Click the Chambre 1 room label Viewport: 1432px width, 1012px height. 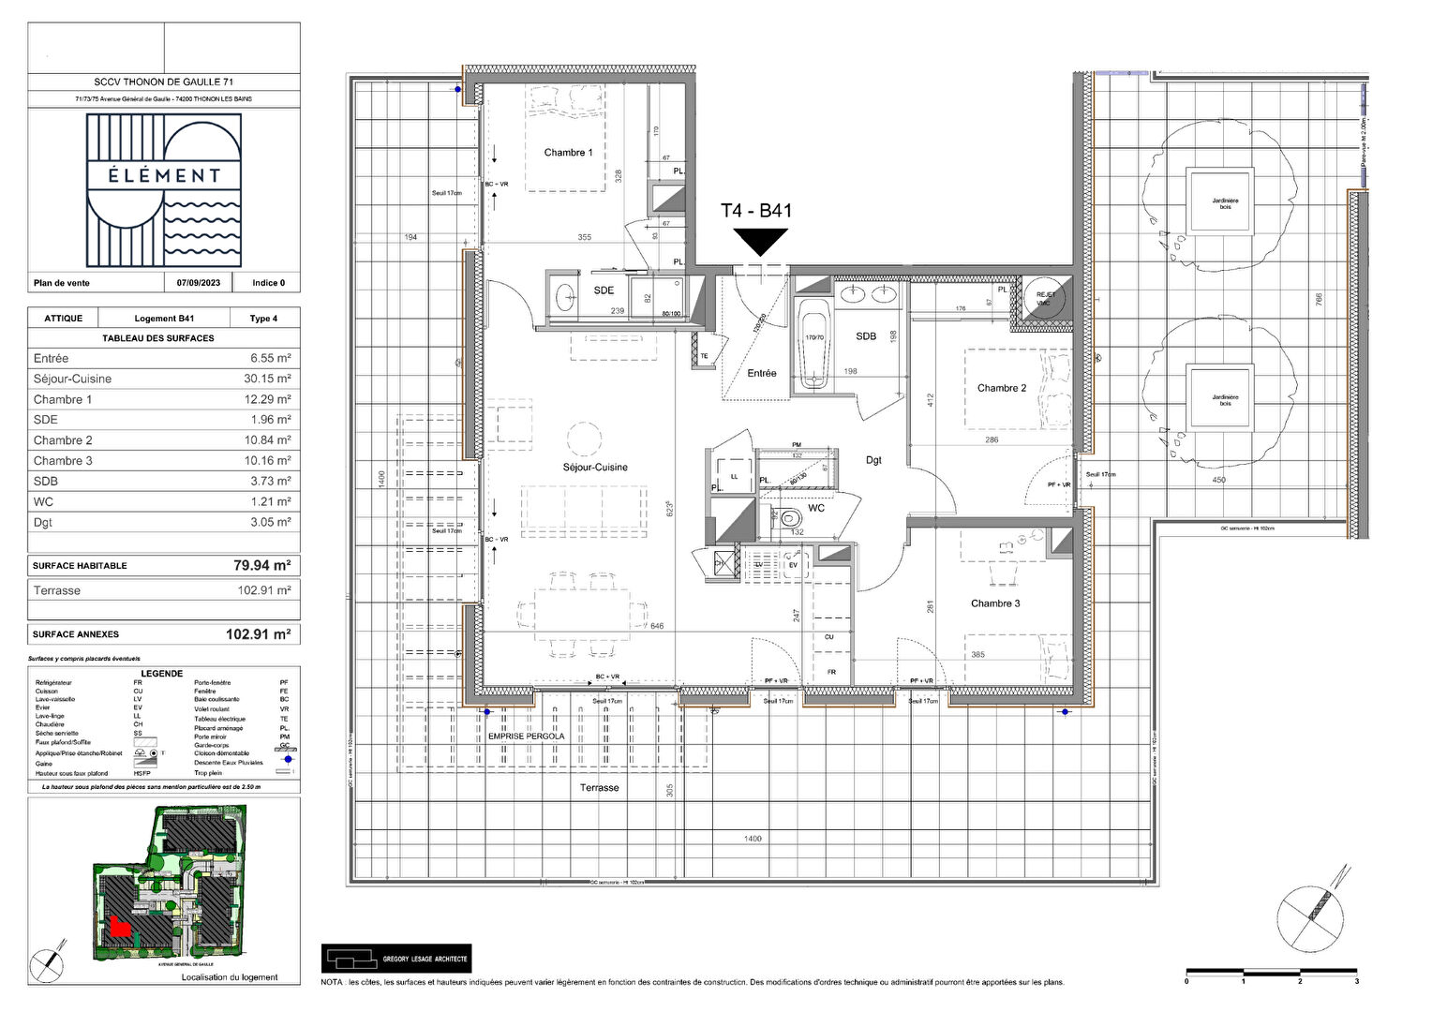(568, 153)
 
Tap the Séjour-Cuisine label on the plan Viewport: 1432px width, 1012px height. (595, 467)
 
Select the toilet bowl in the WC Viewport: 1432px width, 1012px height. (790, 516)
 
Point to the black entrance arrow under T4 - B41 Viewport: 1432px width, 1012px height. (761, 242)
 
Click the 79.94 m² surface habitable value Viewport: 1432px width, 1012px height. (261, 565)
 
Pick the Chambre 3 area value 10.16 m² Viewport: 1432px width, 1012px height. (270, 461)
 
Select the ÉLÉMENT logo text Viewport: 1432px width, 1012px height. (164, 175)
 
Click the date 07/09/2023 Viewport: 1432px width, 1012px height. (199, 283)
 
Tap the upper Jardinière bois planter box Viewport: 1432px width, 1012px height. (1219, 201)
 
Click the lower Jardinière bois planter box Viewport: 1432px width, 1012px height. (1220, 397)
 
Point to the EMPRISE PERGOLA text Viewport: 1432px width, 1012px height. (527, 737)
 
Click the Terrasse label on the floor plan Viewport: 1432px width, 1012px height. (599, 788)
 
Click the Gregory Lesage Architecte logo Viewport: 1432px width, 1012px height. (395, 959)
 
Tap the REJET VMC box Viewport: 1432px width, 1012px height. (1045, 299)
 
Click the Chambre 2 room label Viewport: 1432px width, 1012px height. (1001, 388)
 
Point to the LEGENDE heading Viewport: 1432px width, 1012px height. (162, 674)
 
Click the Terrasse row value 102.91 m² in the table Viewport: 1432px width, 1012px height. (264, 591)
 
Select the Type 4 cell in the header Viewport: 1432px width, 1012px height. (262, 319)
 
